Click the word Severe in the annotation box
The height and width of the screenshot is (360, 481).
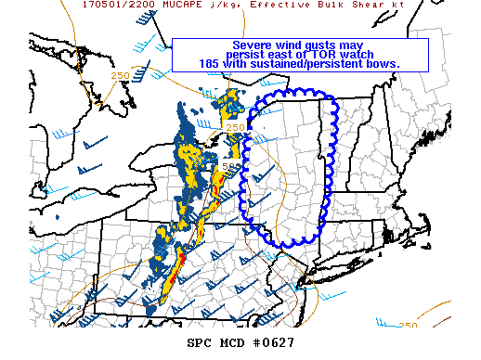point(252,45)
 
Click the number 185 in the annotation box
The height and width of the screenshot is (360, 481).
point(211,63)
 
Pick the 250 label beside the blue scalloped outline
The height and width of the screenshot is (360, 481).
point(236,128)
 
